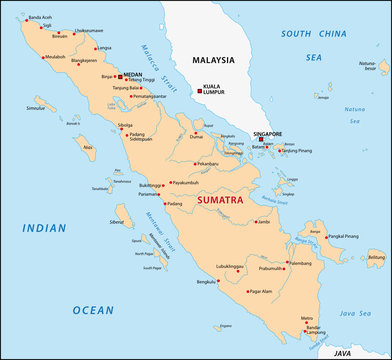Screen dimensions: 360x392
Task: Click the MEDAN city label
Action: click(133, 74)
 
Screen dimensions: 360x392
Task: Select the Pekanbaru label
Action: click(207, 163)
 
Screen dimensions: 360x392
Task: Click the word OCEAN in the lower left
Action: click(92, 310)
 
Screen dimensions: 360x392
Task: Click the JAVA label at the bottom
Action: click(344, 353)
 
